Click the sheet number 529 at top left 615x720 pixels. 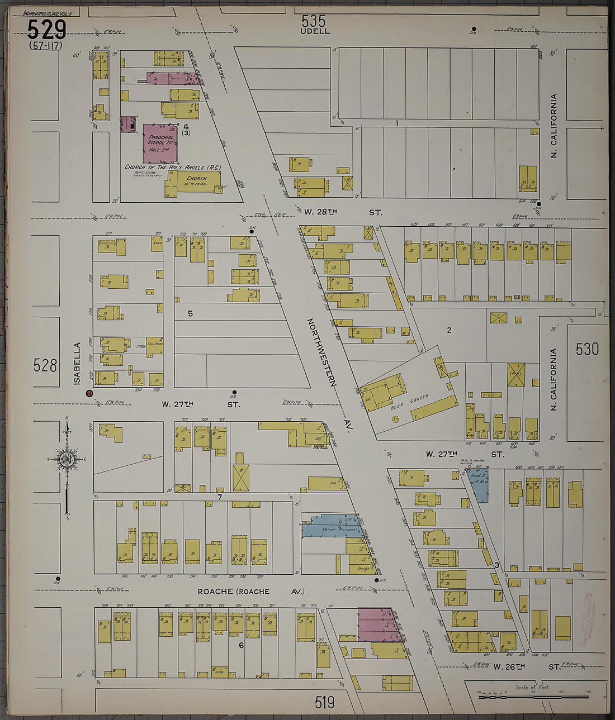click(x=46, y=30)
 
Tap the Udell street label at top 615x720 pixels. click(x=315, y=31)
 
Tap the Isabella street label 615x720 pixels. click(x=77, y=363)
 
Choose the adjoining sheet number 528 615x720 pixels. click(x=45, y=365)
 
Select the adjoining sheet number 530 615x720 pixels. click(x=587, y=349)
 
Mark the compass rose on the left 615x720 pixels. click(x=67, y=459)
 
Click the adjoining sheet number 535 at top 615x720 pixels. click(x=313, y=21)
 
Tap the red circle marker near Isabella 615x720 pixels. click(x=89, y=393)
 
